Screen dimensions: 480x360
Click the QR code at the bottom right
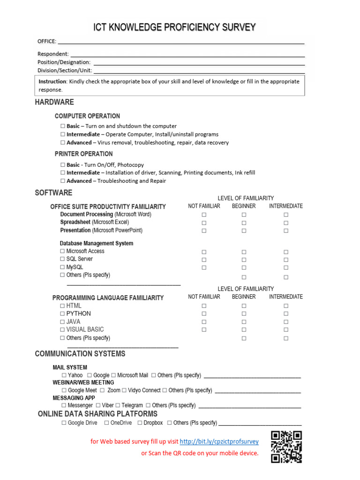(286, 447)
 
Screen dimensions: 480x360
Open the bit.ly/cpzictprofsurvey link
(219, 442)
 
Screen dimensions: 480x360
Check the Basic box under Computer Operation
(63, 126)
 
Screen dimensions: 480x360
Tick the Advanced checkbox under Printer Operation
(63, 181)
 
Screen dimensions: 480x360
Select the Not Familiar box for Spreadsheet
(204, 223)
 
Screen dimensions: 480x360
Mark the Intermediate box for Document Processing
(286, 215)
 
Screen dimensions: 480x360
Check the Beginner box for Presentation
(244, 231)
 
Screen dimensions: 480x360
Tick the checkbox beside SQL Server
(63, 259)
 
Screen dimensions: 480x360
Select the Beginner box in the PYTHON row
(244, 314)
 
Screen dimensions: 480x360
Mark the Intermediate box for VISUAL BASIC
(286, 330)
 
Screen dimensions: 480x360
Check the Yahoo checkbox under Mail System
(64, 375)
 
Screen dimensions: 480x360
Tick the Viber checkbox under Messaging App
(98, 405)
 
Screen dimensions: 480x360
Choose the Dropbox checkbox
(140, 423)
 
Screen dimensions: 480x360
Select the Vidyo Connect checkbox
(124, 390)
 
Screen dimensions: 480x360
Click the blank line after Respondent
(187, 54)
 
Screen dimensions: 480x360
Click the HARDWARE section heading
(54, 102)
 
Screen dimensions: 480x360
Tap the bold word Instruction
(52, 82)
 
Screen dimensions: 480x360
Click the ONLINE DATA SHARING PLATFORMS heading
(97, 414)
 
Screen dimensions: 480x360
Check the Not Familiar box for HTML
(204, 306)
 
